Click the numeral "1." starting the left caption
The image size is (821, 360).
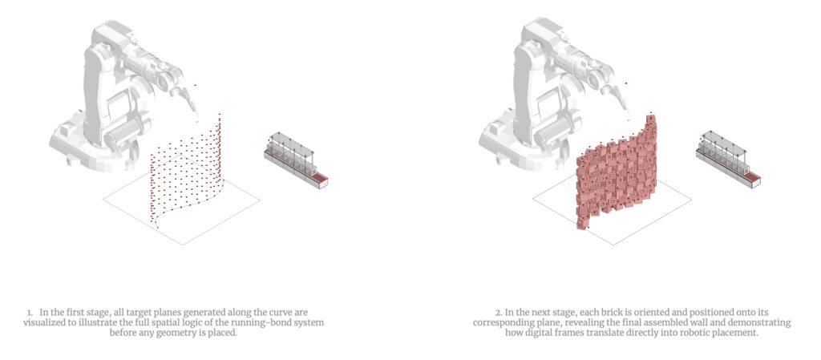pos(30,312)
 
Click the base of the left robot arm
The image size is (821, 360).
pos(88,148)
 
